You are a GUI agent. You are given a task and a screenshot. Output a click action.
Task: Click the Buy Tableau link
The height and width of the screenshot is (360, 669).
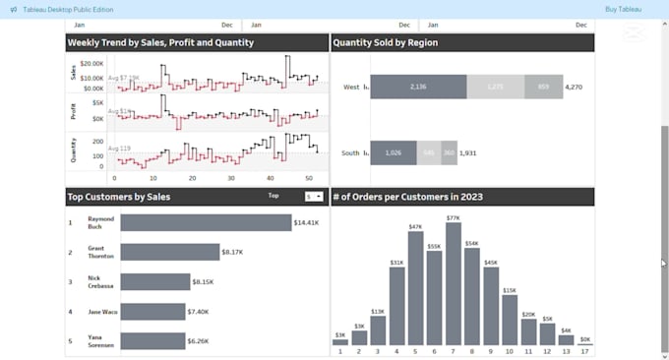click(x=624, y=9)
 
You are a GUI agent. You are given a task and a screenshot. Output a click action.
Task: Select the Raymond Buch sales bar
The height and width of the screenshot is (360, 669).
click(x=206, y=222)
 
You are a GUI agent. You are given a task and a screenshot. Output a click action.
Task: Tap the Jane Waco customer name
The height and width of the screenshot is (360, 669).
click(x=101, y=312)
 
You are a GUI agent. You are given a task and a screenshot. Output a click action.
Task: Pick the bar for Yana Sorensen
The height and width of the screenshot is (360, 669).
click(x=152, y=341)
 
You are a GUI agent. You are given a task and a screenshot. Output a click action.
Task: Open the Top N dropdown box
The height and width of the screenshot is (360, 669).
click(x=314, y=197)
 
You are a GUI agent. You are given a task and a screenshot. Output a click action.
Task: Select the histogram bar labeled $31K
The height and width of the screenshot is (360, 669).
click(x=396, y=305)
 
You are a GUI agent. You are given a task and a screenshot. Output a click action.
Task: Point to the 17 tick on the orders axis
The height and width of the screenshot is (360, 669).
click(x=585, y=351)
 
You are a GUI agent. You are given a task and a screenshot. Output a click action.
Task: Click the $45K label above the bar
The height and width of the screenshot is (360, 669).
click(x=491, y=263)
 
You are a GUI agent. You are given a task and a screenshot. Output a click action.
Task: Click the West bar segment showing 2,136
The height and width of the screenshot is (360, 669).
click(x=417, y=87)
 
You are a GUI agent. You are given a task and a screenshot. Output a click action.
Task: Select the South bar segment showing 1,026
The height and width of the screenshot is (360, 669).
click(x=393, y=152)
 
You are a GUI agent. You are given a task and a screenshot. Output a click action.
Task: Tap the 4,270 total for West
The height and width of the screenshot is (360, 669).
click(x=575, y=88)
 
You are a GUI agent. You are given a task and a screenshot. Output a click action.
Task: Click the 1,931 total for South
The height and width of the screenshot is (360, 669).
click(x=468, y=152)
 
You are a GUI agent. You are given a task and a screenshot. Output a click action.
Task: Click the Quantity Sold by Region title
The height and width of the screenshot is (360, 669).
click(x=386, y=43)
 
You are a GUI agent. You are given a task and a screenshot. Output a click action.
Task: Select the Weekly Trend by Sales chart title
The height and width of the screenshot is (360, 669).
click(x=160, y=43)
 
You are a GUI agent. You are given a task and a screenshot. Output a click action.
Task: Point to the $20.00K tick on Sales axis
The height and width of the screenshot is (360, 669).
click(x=91, y=62)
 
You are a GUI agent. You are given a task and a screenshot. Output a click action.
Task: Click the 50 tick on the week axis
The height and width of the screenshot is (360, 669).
click(x=309, y=178)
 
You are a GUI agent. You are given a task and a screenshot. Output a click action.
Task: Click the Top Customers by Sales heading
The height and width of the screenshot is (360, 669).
click(x=119, y=197)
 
